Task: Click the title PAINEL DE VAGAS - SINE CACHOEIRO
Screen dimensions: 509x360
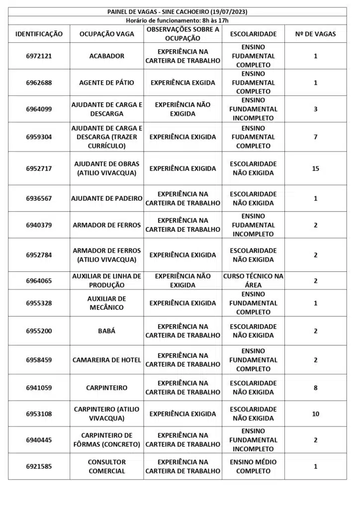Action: [x=177, y=11]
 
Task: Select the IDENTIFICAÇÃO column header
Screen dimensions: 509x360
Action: [x=39, y=34]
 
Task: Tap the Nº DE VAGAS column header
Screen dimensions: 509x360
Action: [x=315, y=34]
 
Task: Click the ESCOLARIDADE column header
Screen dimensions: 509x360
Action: [x=253, y=34]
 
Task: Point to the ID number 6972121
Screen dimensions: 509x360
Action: [x=39, y=56]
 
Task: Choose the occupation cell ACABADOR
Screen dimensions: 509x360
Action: [x=107, y=56]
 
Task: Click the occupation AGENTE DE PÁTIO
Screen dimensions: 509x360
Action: [x=107, y=83]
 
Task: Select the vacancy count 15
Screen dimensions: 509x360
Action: [x=315, y=169]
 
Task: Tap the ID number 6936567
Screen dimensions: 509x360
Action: [x=39, y=198]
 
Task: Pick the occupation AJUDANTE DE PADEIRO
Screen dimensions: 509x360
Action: [x=107, y=198]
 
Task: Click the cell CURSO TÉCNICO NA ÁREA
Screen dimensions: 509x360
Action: [x=253, y=281]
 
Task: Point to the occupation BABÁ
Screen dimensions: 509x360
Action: [x=107, y=331]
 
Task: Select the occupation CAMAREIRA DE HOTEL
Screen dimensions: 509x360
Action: [x=107, y=360]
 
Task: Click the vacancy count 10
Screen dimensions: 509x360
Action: [x=315, y=414]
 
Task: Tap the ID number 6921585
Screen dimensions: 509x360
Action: [x=39, y=466]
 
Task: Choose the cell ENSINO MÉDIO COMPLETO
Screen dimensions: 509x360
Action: [x=253, y=466]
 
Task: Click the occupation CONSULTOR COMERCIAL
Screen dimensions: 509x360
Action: [x=107, y=466]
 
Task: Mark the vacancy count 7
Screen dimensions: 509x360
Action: [x=315, y=137]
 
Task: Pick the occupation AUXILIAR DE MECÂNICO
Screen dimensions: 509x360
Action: [x=107, y=303]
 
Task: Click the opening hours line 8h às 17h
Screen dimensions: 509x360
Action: [x=177, y=20]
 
